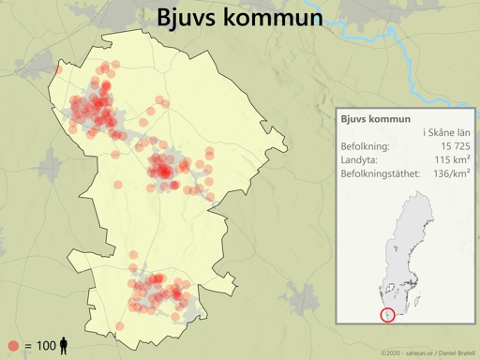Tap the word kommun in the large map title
(x=276, y=18)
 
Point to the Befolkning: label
(x=367, y=146)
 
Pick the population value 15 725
(x=450, y=146)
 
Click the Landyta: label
(x=360, y=160)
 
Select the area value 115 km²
(x=451, y=160)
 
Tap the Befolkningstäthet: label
(x=381, y=174)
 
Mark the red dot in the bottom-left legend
(x=13, y=346)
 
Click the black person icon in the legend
(x=64, y=346)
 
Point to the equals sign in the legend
(x=27, y=347)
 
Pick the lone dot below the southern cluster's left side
(x=119, y=325)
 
